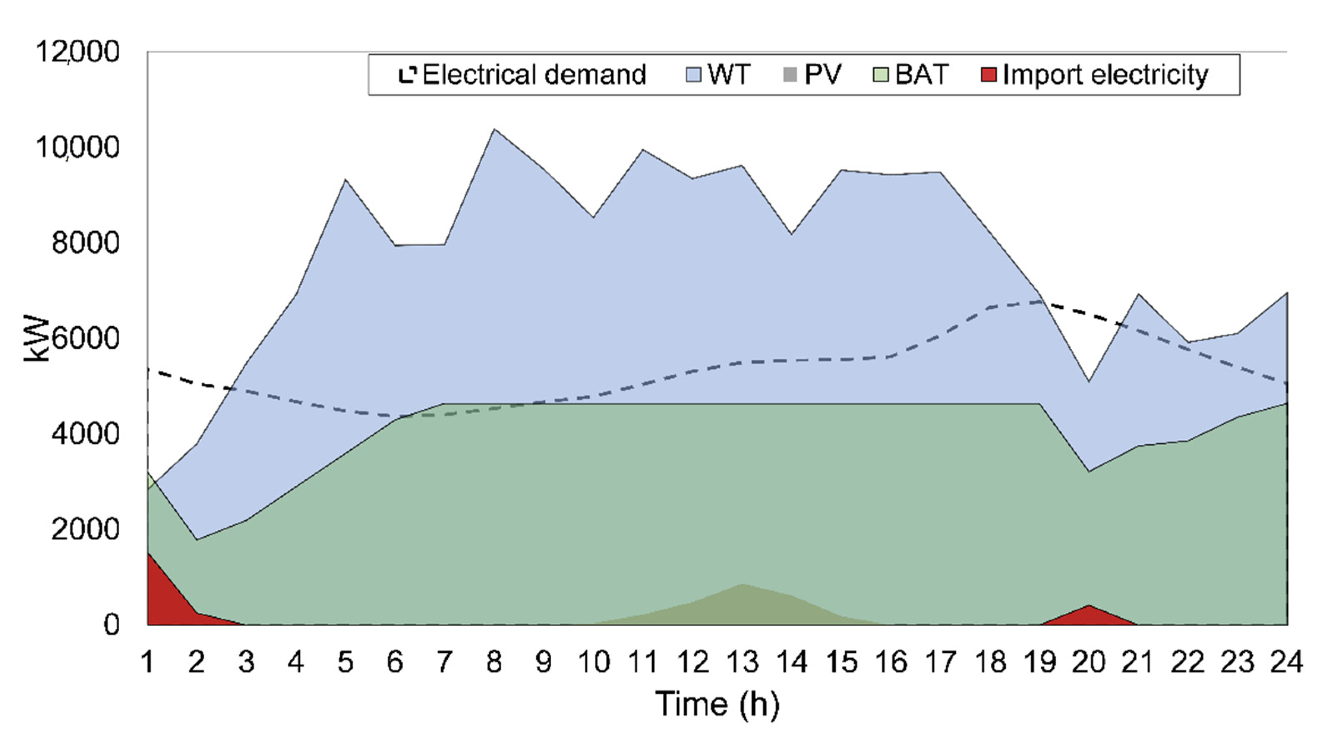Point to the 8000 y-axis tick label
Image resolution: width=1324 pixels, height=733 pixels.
point(85,243)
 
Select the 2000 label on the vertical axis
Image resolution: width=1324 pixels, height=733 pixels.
point(85,529)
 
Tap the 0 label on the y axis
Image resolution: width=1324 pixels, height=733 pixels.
point(111,624)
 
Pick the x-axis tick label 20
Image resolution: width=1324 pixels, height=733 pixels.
point(1089,662)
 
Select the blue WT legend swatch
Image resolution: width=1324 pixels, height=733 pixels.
point(694,75)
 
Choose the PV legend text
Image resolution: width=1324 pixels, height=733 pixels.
point(822,75)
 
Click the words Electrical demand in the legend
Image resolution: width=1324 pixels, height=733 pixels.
point(533,75)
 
